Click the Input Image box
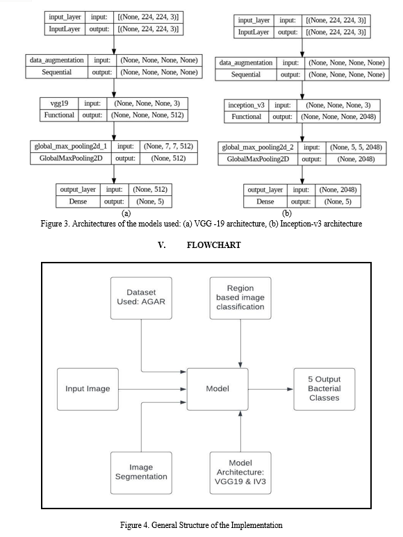88,389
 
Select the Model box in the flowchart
217,389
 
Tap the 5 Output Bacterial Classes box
324,389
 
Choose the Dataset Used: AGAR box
141,298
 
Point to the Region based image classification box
240,298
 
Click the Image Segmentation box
141,472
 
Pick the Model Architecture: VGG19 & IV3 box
240,472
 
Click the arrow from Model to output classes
271,389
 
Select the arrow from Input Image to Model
153,389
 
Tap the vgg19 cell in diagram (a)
59,104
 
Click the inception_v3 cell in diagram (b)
246,105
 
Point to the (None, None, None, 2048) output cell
338,117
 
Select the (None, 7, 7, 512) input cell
168,147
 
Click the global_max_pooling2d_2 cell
258,147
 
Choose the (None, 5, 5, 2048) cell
356,147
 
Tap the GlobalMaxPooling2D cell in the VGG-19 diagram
71,158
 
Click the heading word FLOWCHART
213,245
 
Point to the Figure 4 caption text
201,525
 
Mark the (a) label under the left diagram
126,213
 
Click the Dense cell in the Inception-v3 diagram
265,201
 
